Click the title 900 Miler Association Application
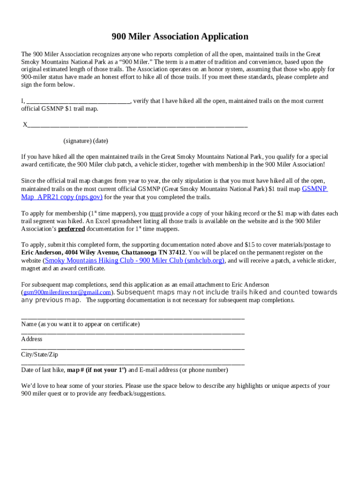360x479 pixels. [180, 37]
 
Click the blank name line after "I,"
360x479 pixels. [79, 101]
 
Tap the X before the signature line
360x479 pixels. [25, 125]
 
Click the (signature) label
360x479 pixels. [77, 141]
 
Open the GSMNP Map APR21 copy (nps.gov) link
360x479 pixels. [62, 197]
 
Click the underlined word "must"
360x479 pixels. [156, 214]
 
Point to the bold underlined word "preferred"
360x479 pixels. [72, 229]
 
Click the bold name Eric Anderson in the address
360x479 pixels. [41, 253]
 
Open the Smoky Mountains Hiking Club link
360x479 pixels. [134, 261]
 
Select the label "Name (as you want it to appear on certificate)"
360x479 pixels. [80, 324]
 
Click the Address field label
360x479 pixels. [32, 339]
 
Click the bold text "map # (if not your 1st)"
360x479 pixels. [97, 370]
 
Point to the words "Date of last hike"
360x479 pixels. [43, 370]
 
